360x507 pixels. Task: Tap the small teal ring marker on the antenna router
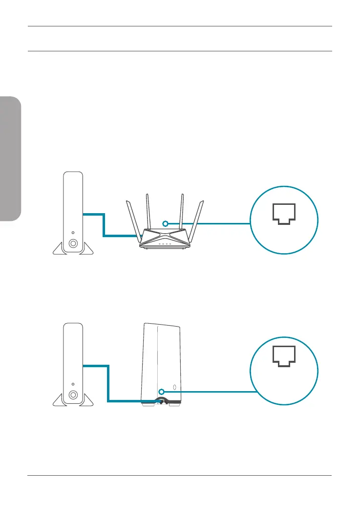click(166, 223)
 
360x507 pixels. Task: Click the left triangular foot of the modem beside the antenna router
click(59, 249)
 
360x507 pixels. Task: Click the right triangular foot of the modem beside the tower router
click(86, 398)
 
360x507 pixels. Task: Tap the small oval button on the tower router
click(174, 389)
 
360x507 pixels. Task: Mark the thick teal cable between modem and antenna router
click(104, 225)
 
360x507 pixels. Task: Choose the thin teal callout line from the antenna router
click(210, 223)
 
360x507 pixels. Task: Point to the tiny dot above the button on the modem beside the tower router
click(72, 382)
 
